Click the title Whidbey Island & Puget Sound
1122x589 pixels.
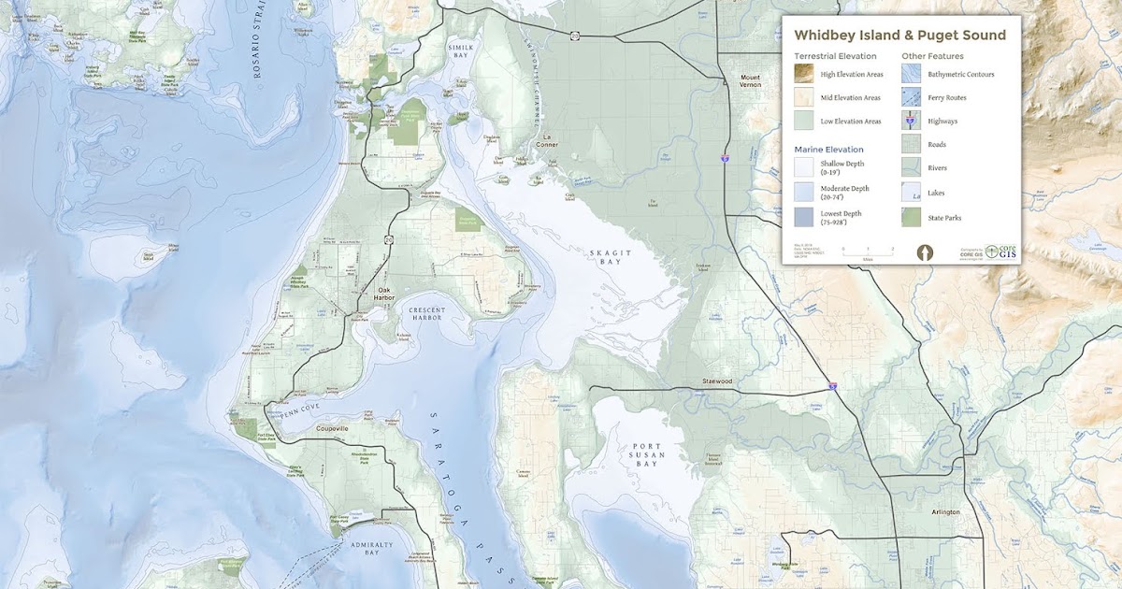tap(899, 36)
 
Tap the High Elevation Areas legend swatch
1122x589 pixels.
tap(805, 74)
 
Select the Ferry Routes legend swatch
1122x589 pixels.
tap(912, 97)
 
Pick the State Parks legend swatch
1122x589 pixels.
tap(912, 218)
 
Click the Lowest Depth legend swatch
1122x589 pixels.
tap(805, 218)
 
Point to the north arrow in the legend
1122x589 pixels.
tap(925, 252)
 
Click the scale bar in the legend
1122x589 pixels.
tap(868, 251)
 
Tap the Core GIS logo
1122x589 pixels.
tap(1001, 252)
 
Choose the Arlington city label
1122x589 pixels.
tap(945, 512)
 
